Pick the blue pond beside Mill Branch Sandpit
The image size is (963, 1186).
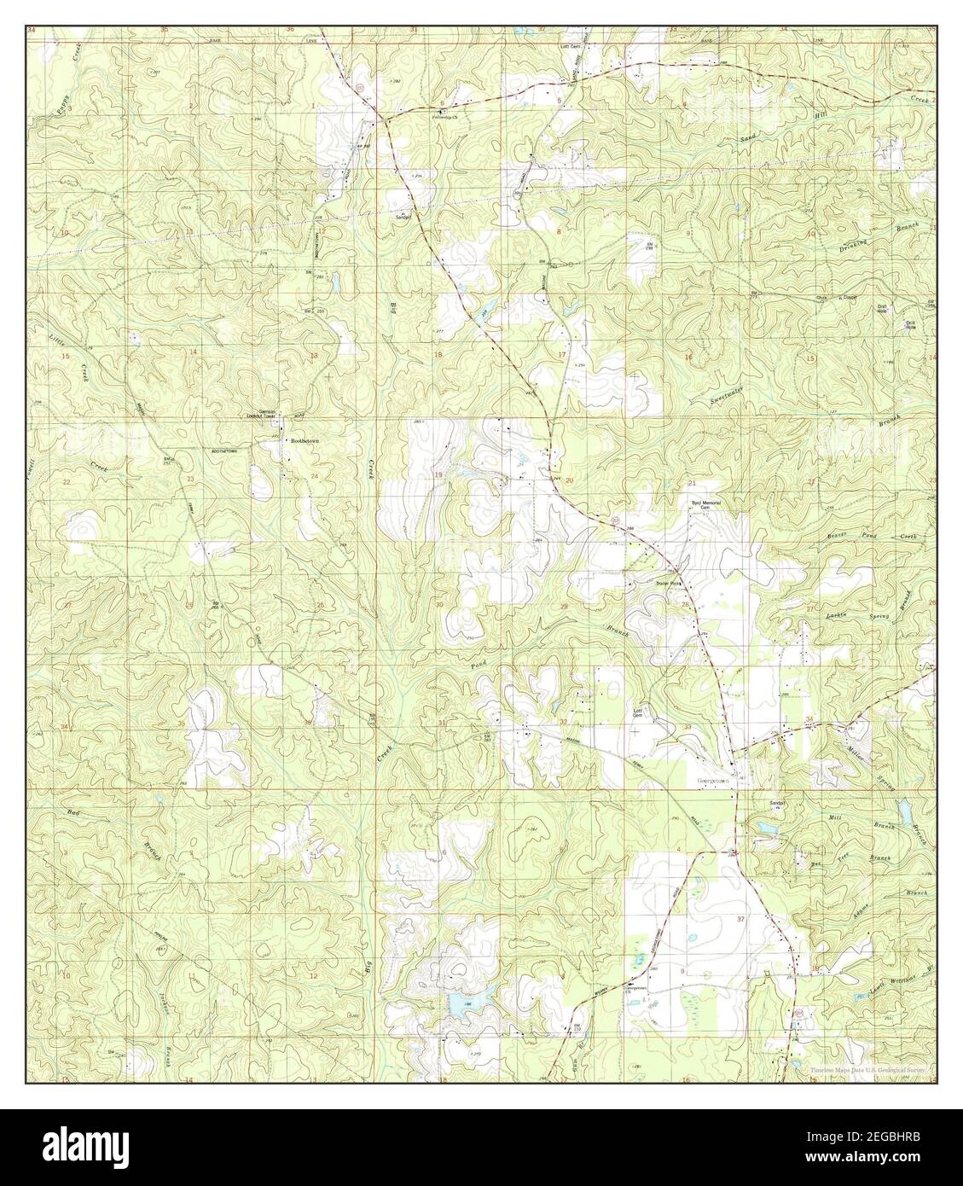pos(764,828)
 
